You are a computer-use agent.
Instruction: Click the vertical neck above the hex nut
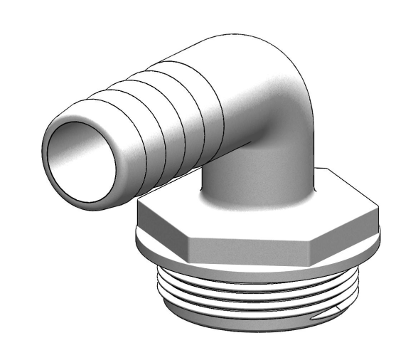(x=256, y=178)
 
